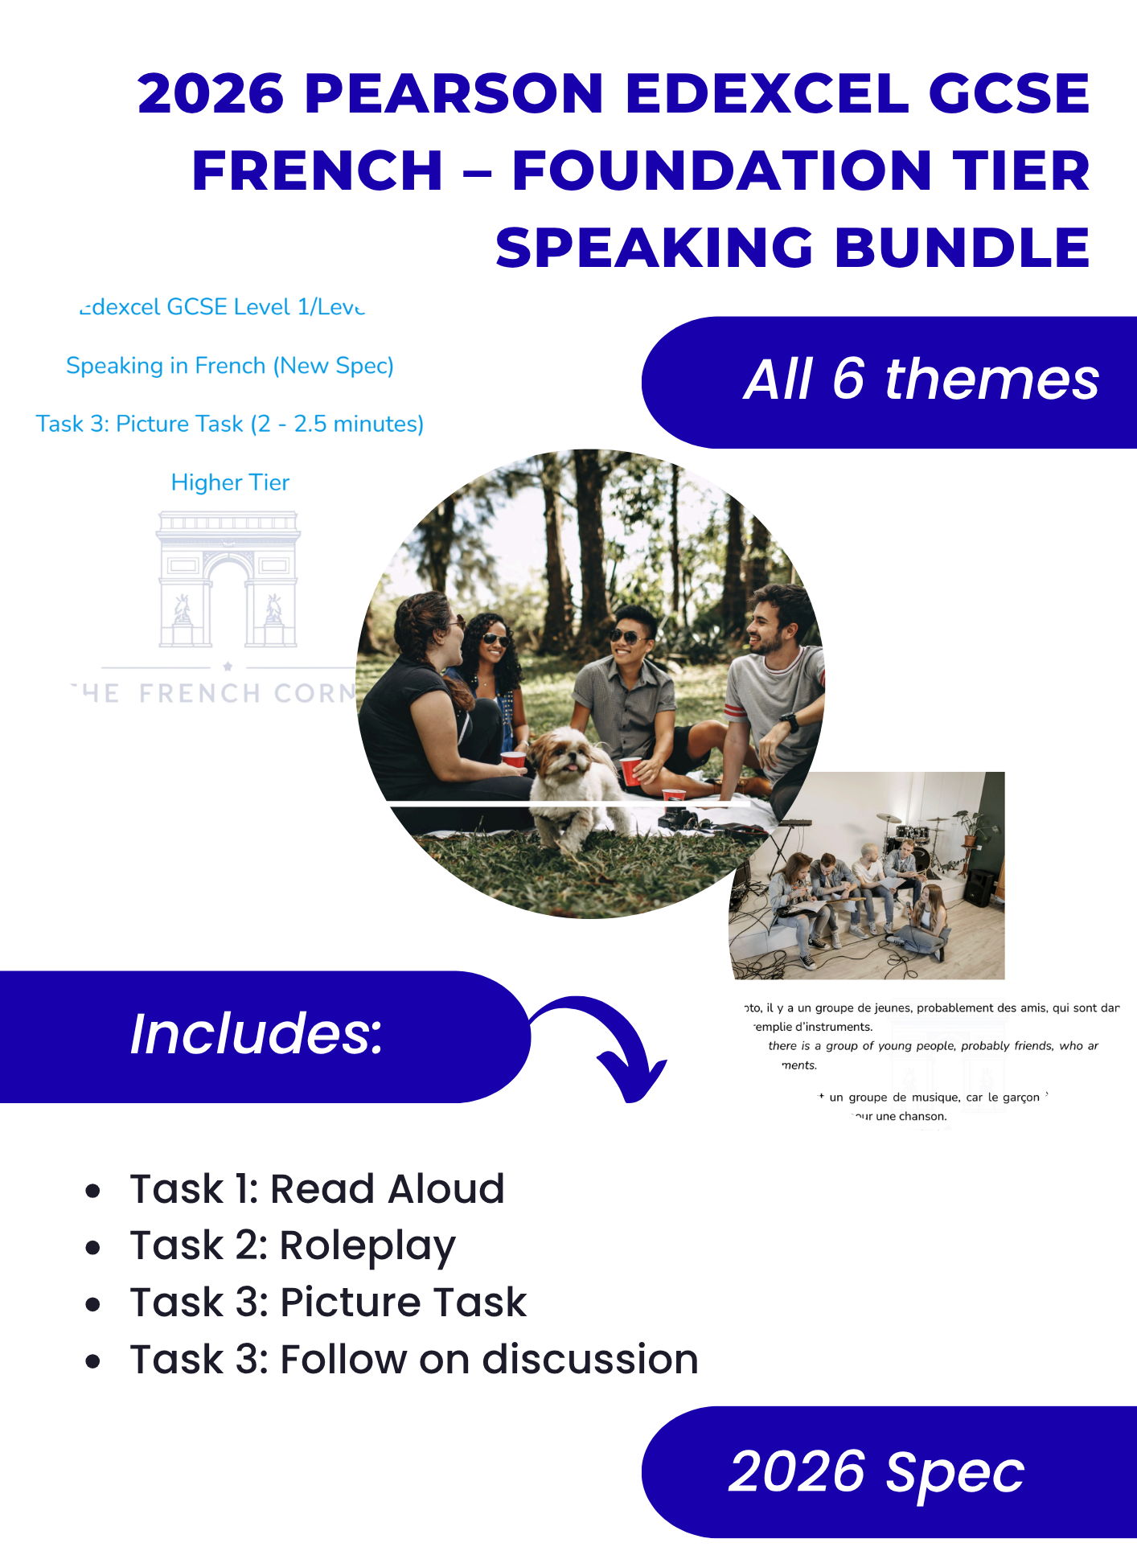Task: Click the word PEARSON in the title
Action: click(454, 93)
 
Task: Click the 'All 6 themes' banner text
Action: click(921, 380)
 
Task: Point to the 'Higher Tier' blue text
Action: click(230, 482)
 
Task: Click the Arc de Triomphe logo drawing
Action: click(228, 579)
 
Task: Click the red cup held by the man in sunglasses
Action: click(631, 771)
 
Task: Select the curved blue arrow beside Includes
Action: click(611, 1045)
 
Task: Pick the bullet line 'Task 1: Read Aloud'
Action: click(317, 1188)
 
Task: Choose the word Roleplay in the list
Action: click(367, 1245)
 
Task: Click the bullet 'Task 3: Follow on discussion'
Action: click(413, 1360)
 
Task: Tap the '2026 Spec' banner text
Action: click(876, 1472)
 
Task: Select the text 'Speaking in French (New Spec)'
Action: click(230, 366)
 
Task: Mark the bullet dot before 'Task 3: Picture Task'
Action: click(93, 1303)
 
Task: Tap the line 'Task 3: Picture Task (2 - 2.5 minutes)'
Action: click(230, 424)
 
